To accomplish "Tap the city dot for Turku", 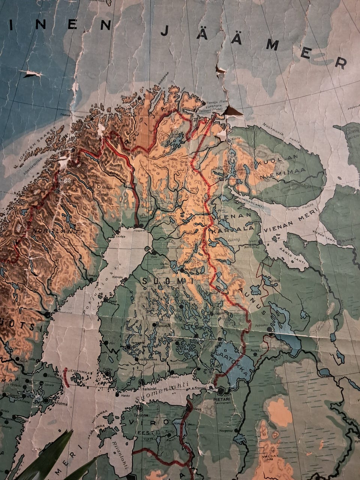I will pos(108,373).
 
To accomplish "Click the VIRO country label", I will pos(141,422).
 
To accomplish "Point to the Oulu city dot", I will pos(154,252).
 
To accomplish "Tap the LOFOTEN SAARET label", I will pos(36,143).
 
